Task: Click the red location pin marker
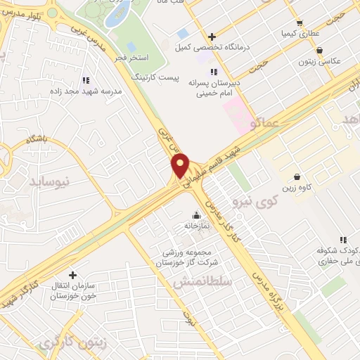(x=181, y=165)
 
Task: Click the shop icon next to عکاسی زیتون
(x=321, y=51)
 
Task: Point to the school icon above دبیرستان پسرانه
(x=214, y=72)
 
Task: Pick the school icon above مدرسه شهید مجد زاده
(x=86, y=80)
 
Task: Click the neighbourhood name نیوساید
(x=50, y=182)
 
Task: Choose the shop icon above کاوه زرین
(x=297, y=176)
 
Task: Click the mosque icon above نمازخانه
(x=195, y=215)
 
